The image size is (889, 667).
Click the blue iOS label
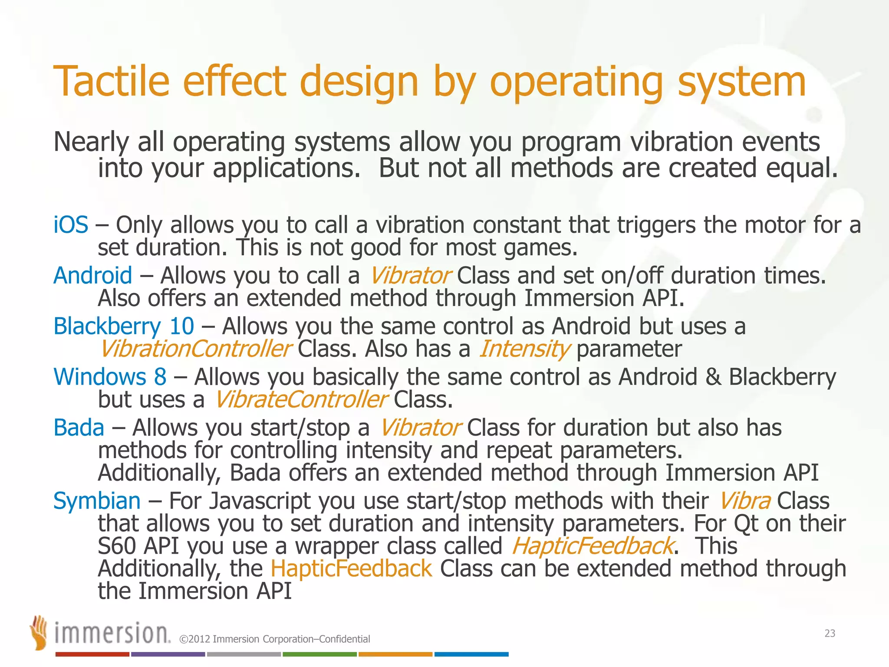click(71, 225)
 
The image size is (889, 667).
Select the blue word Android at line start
click(92, 276)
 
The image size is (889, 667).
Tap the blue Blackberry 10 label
click(123, 327)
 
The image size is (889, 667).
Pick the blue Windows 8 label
click(110, 377)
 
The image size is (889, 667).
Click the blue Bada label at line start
click(79, 428)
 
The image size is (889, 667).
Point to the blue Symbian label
click(97, 501)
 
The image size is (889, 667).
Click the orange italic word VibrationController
click(195, 349)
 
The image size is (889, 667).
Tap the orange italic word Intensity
click(524, 349)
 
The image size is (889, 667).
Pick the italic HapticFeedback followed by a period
click(593, 546)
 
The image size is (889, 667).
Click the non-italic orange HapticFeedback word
click(351, 568)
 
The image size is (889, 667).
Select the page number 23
click(830, 634)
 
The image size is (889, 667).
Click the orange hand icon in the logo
click(39, 632)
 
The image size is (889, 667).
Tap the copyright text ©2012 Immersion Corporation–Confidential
click(274, 639)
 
